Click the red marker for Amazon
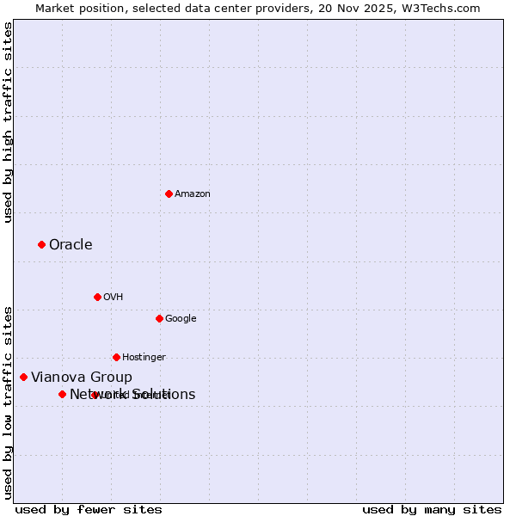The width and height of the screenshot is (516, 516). (169, 193)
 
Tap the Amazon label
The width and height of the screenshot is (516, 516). (193, 194)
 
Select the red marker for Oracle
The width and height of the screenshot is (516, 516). (41, 245)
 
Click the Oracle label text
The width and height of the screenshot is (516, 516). (71, 245)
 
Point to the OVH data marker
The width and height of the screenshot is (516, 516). (97, 297)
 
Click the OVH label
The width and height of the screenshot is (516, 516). (114, 298)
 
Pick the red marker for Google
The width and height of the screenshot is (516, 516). (159, 318)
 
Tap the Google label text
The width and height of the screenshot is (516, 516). (181, 319)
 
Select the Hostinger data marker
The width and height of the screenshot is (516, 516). (116, 357)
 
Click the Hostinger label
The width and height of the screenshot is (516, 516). (144, 358)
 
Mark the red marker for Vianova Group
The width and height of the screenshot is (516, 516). (23, 377)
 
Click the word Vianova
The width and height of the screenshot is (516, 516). (57, 378)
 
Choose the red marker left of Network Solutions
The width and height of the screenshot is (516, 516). (62, 394)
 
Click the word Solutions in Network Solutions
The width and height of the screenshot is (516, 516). (163, 395)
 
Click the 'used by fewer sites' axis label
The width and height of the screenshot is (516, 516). (89, 509)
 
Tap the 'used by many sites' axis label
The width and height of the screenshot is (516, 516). (432, 509)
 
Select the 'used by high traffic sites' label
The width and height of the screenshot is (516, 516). (9, 122)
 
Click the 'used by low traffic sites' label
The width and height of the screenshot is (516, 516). (9, 402)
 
